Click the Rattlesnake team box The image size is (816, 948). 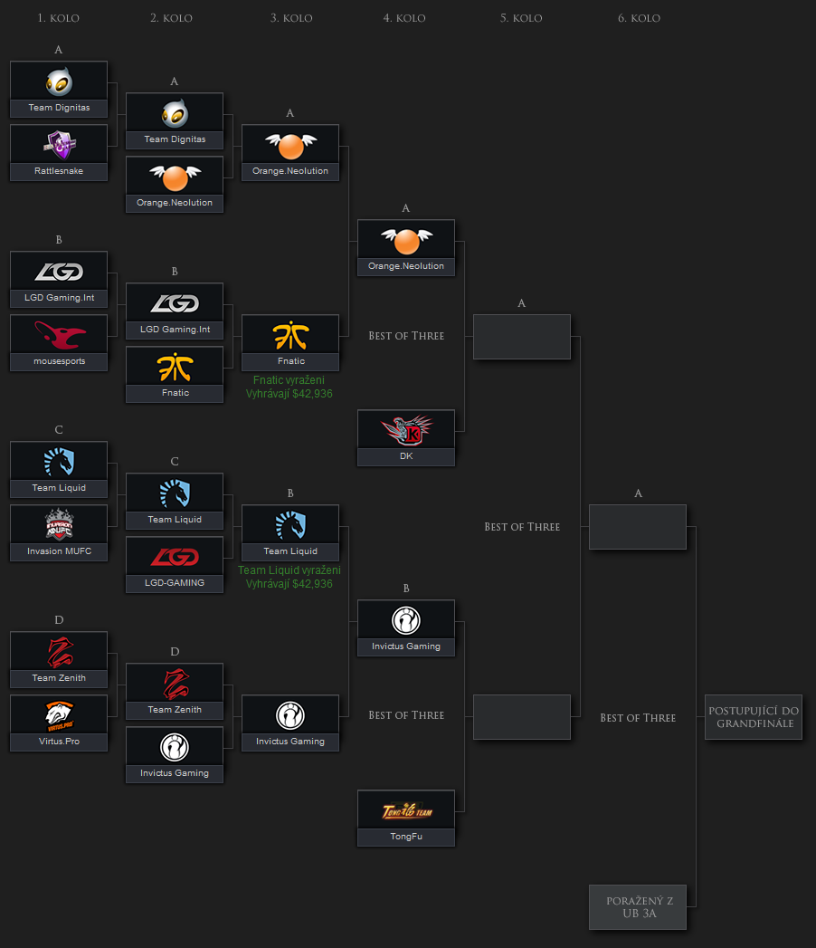click(x=59, y=152)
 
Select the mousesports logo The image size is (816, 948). click(x=59, y=335)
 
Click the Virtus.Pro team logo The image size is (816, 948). click(x=59, y=715)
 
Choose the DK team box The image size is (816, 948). click(x=406, y=438)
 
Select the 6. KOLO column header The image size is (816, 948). click(x=639, y=18)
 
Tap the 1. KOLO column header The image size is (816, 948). click(x=59, y=18)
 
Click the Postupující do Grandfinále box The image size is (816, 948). click(x=753, y=717)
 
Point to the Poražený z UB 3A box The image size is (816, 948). click(x=637, y=906)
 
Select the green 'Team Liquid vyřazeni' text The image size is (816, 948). click(x=289, y=570)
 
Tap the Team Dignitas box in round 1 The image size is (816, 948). click(x=59, y=89)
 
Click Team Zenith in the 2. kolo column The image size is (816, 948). click(x=175, y=691)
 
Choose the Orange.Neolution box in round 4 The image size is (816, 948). click(x=406, y=247)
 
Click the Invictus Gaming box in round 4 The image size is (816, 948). click(x=406, y=627)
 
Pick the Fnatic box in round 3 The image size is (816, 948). click(x=290, y=342)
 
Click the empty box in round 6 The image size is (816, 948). click(x=637, y=527)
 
